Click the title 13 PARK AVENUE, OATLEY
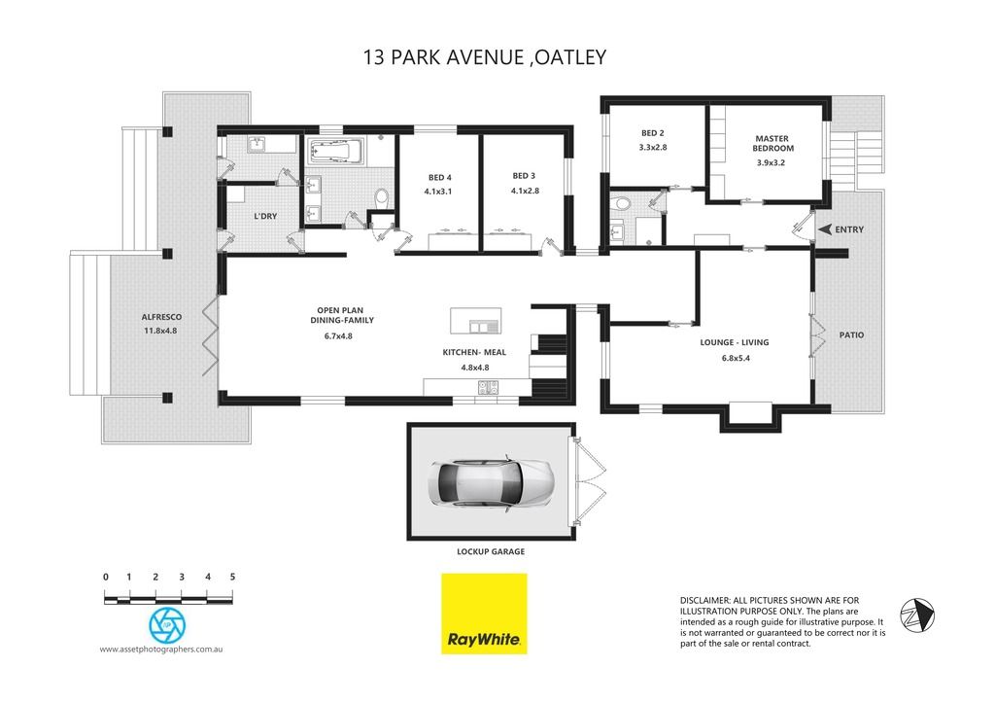pos(485,57)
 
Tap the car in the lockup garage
pos(491,482)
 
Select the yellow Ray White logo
pos(484,615)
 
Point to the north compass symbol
pos(917,615)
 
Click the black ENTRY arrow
pos(824,229)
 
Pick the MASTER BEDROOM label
pos(772,144)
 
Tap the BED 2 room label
pos(652,133)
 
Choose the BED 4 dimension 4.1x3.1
pos(438,192)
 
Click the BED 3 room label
pos(524,176)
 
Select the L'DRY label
pos(265,216)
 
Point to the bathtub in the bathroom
pos(335,153)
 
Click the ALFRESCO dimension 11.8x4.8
pos(160,331)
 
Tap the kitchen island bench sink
pos(484,327)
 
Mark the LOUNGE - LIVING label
pos(735,342)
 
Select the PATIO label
pos(851,334)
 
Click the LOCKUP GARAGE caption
pos(491,552)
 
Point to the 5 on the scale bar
pos(233,577)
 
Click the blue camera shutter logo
pos(167,625)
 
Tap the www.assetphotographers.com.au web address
pos(161,649)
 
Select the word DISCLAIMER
pos(704,600)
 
